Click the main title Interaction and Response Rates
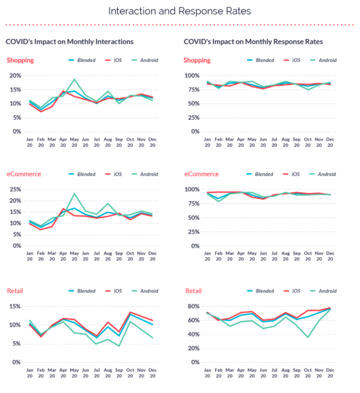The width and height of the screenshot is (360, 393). click(x=180, y=11)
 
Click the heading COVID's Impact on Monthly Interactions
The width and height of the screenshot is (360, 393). click(x=70, y=41)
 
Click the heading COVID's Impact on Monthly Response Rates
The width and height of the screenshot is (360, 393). click(x=253, y=41)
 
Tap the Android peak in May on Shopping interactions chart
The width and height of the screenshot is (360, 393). click(x=74, y=79)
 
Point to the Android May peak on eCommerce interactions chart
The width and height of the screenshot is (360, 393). click(x=74, y=193)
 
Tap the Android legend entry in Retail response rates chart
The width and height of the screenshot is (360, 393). click(x=321, y=290)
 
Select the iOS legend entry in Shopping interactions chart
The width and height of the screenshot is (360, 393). click(x=117, y=60)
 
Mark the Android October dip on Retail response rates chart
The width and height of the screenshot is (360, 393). click(x=308, y=337)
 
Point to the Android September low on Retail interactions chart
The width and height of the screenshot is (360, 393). click(x=119, y=346)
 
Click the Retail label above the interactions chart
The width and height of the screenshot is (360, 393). click(x=15, y=290)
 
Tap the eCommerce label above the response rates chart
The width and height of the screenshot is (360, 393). click(x=201, y=174)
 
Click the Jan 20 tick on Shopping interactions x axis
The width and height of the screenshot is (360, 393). click(x=30, y=142)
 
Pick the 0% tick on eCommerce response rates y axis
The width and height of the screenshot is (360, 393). click(x=195, y=246)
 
